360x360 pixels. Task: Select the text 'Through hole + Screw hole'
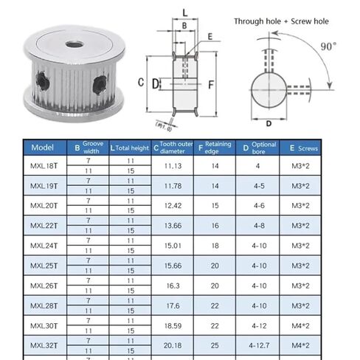click(281, 21)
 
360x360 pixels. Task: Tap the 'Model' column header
click(44, 148)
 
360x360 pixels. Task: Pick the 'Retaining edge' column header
click(215, 148)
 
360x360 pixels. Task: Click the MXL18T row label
click(44, 167)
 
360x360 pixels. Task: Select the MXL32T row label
click(44, 345)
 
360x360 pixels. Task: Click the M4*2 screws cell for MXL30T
click(311, 325)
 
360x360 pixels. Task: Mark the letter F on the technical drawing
click(212, 83)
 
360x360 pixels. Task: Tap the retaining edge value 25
click(215, 345)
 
